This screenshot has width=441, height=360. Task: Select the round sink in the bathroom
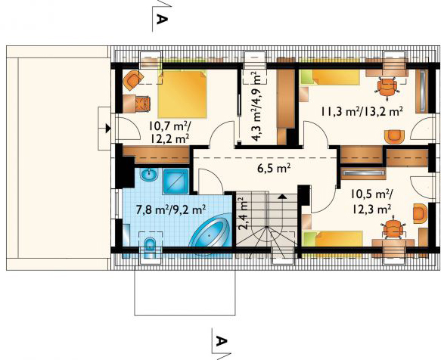tap(148, 176)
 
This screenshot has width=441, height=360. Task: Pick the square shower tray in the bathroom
tap(177, 180)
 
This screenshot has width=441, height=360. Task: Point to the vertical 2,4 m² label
tap(243, 213)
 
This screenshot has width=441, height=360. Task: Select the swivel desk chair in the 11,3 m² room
tap(389, 86)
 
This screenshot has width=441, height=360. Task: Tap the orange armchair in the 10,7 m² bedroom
tap(133, 79)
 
